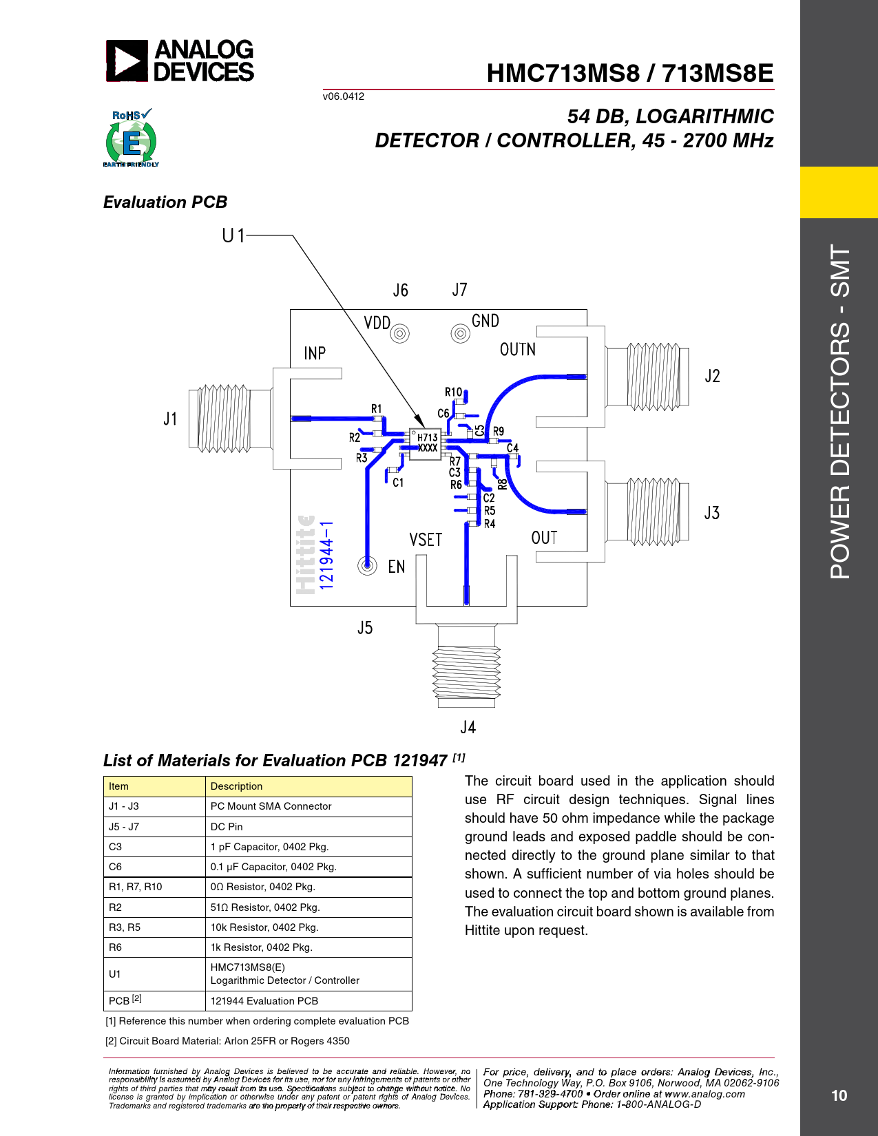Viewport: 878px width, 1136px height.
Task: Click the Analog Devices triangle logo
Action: [x=127, y=61]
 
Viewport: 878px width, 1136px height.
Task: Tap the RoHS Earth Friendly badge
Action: [x=131, y=138]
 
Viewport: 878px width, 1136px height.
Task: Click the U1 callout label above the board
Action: [x=233, y=235]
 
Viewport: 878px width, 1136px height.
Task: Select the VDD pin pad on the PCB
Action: [x=400, y=333]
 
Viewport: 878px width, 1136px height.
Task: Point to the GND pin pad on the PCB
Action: [x=460, y=333]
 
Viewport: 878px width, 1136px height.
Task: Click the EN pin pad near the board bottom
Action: [x=367, y=565]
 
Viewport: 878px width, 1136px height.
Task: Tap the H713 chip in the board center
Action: [x=425, y=444]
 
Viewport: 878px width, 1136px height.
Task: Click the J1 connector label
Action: [x=171, y=419]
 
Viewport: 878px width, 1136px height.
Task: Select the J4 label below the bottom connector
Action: [x=468, y=727]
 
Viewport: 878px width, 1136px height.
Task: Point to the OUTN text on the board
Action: [x=518, y=349]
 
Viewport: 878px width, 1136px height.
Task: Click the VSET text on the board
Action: [x=426, y=540]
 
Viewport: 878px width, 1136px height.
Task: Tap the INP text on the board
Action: [x=315, y=353]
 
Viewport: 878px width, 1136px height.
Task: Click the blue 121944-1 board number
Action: [x=326, y=555]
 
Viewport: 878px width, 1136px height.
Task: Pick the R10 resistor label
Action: [x=453, y=392]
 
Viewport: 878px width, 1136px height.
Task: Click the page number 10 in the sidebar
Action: [x=839, y=1095]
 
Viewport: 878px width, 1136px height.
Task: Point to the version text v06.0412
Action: [x=344, y=96]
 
